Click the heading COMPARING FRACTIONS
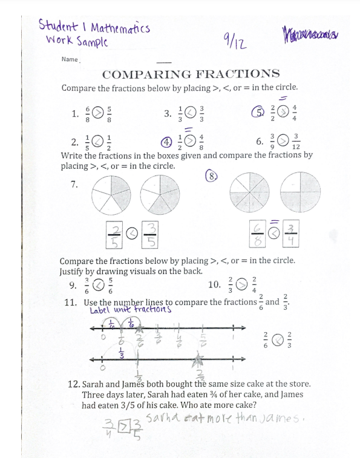(x=191, y=74)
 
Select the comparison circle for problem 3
(x=190, y=113)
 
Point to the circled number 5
(x=259, y=113)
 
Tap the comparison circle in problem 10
(x=241, y=284)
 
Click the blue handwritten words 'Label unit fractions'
(x=130, y=310)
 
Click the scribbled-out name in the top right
(x=309, y=34)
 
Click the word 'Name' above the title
(x=70, y=59)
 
